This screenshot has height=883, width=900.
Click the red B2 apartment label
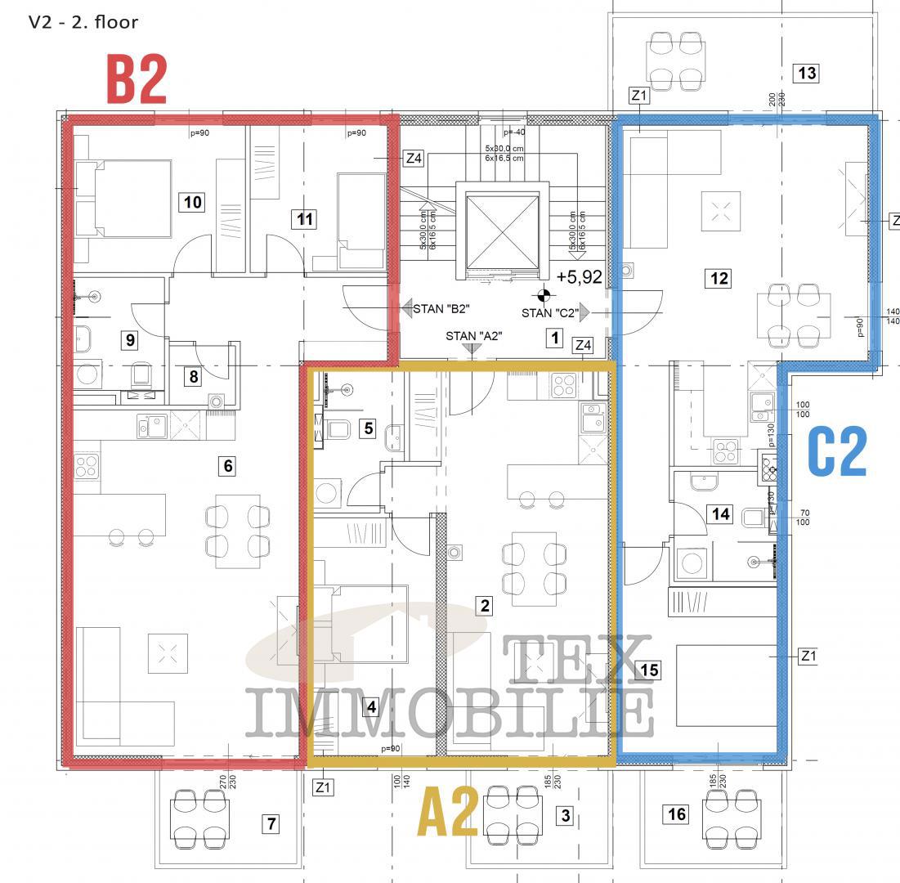point(137,79)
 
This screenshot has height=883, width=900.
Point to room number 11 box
point(305,219)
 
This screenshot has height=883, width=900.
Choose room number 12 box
point(719,278)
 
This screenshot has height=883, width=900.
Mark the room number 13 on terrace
point(806,73)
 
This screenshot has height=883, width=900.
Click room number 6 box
point(227,466)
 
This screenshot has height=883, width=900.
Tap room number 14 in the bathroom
point(719,513)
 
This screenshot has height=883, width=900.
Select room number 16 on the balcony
point(677,814)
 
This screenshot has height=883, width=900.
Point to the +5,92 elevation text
point(579,277)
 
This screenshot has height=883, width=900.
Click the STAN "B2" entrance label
point(442,309)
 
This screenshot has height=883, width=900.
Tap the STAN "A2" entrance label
point(473,336)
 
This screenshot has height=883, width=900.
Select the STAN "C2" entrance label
point(549,312)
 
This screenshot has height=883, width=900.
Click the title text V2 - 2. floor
point(83,22)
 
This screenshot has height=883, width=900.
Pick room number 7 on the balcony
point(271,823)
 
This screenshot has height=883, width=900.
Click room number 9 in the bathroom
point(129,339)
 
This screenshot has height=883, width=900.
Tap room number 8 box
point(193,377)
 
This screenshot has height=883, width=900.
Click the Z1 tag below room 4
point(324,787)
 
